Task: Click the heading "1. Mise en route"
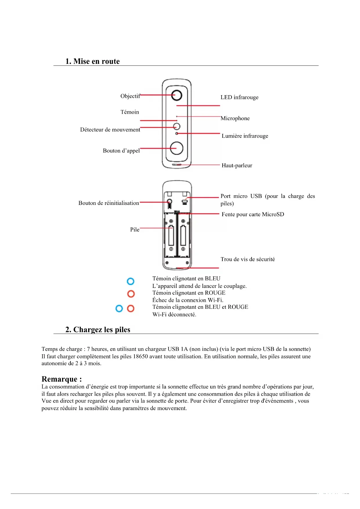93,61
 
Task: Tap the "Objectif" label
130,96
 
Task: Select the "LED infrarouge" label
239,97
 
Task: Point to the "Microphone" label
235,118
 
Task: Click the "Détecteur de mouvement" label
110,130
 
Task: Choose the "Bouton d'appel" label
121,151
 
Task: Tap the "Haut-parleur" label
237,165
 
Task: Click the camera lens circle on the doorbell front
176,95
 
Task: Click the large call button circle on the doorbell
176,148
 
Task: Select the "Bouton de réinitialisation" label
109,203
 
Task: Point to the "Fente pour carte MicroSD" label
253,214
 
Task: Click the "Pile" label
135,230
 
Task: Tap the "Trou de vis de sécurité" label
247,259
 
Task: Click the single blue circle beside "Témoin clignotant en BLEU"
131,281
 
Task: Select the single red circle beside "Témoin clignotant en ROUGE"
131,294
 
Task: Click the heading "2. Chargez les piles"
98,330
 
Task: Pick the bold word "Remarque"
59,379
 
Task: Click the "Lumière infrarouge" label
245,136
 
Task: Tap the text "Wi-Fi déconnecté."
174,315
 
